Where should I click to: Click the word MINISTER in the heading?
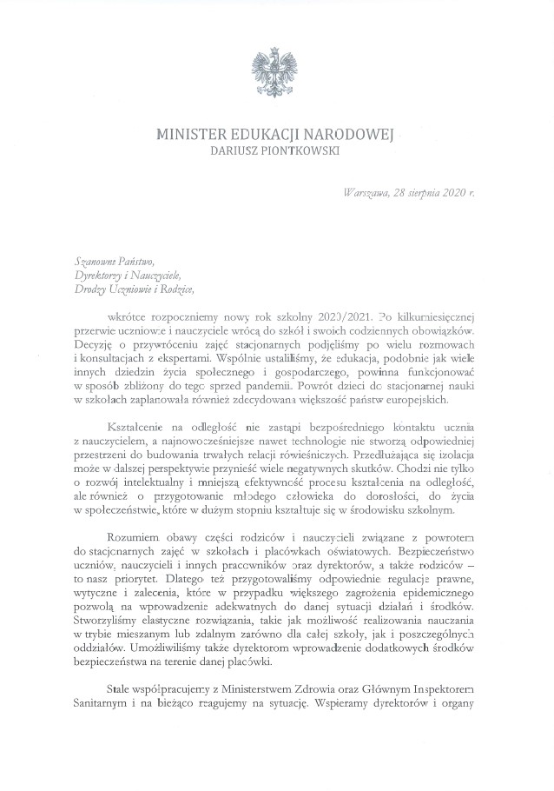(x=189, y=134)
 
